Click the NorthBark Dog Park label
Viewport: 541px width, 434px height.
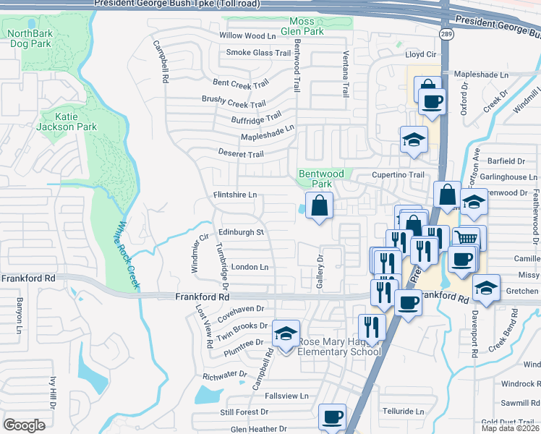click(x=30, y=38)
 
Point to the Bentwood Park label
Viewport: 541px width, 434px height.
click(x=322, y=179)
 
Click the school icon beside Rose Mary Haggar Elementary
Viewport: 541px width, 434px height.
click(x=286, y=333)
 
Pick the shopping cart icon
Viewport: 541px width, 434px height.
click(x=467, y=238)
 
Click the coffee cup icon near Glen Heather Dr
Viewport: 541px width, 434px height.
click(x=333, y=417)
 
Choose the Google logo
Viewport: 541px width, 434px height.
click(x=25, y=425)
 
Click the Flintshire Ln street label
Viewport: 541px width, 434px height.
click(x=235, y=195)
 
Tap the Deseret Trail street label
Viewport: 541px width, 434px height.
click(x=241, y=154)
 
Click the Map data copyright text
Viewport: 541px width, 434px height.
click(x=509, y=428)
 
